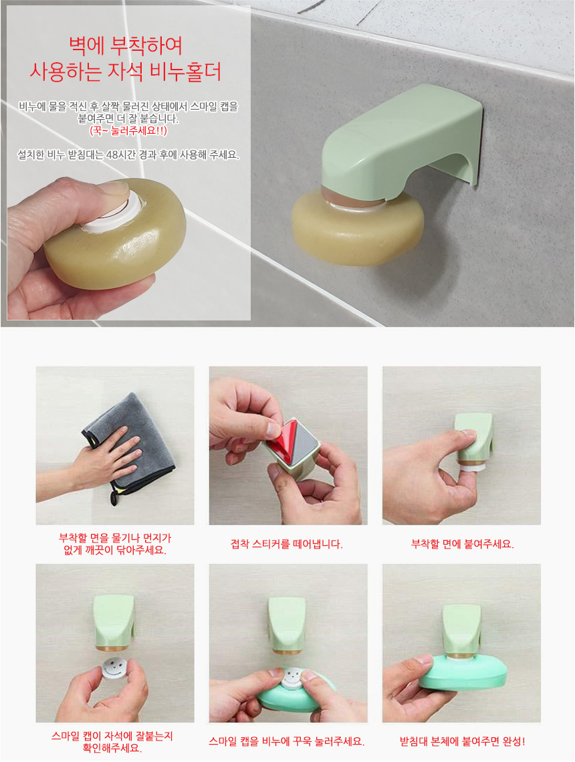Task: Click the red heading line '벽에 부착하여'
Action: tap(126, 47)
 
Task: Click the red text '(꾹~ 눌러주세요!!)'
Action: tap(128, 130)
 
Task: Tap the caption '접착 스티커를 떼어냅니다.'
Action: tap(287, 545)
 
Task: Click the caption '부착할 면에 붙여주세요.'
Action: tap(462, 545)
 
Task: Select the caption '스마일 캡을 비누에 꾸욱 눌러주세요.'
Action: tap(287, 741)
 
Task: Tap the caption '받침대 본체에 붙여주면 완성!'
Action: tap(462, 741)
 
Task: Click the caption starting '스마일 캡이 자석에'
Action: tap(112, 741)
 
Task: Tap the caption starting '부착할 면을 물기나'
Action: tap(115, 545)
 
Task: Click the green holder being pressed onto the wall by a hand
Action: tap(473, 440)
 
